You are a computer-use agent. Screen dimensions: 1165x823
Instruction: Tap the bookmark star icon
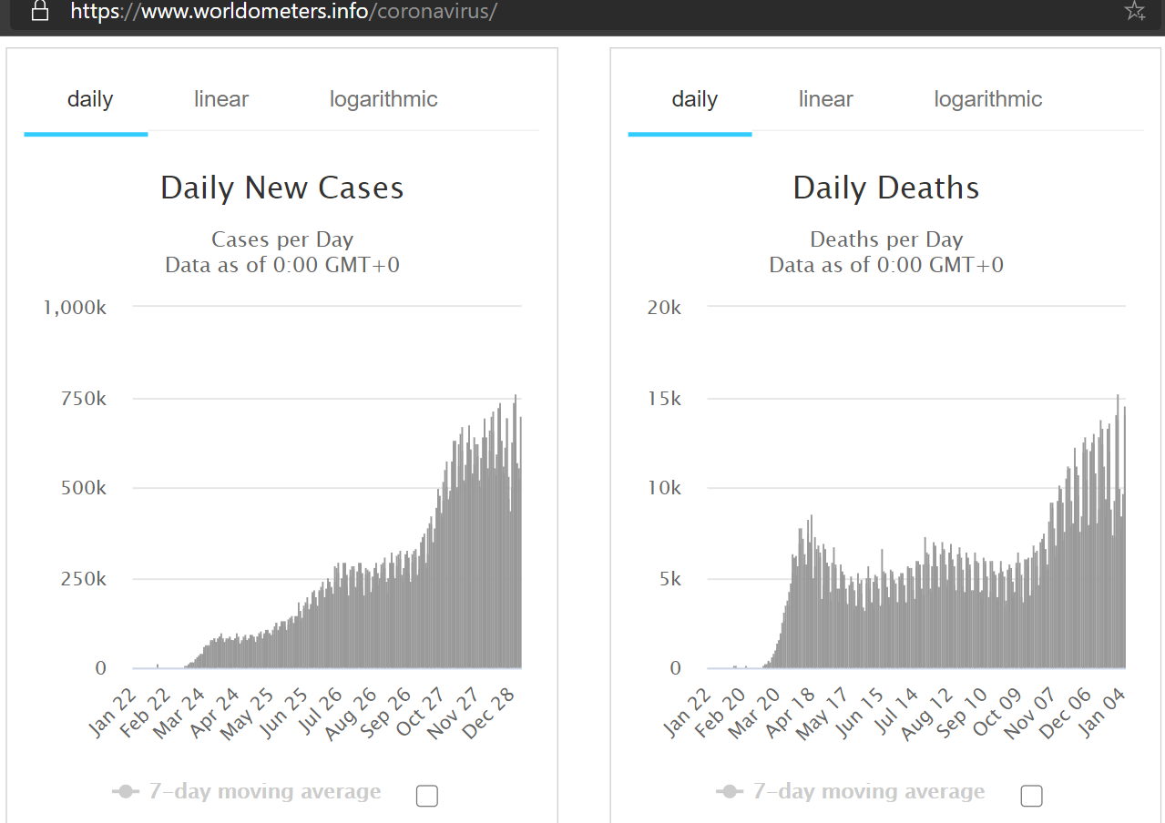pyautogui.click(x=1135, y=11)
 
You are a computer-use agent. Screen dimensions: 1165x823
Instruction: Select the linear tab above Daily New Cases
pyautogui.click(x=221, y=99)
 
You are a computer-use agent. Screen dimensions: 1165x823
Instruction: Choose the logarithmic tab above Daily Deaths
pyautogui.click(x=987, y=99)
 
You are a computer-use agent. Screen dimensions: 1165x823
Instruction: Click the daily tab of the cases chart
pyautogui.click(x=90, y=99)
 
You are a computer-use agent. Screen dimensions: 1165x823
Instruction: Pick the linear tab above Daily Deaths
pyautogui.click(x=825, y=99)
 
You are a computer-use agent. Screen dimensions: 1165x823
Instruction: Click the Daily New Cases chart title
pyautogui.click(x=281, y=188)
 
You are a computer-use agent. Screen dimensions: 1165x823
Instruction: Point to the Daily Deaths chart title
pyautogui.click(x=885, y=188)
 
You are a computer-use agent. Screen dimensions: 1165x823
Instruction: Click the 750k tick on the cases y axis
pyautogui.click(x=83, y=399)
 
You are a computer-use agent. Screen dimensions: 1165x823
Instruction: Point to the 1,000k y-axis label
pyautogui.click(x=75, y=308)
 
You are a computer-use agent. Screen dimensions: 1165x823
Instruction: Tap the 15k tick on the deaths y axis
pyautogui.click(x=664, y=399)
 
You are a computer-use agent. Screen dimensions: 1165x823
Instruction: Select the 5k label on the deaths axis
pyautogui.click(x=669, y=579)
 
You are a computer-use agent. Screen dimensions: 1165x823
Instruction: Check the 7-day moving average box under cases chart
pyautogui.click(x=427, y=796)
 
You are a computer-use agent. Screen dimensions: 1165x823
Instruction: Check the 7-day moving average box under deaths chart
pyautogui.click(x=1031, y=796)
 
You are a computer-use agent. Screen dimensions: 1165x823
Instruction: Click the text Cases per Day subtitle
pyautogui.click(x=282, y=239)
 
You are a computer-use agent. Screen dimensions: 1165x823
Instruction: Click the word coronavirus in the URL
pyautogui.click(x=434, y=11)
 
